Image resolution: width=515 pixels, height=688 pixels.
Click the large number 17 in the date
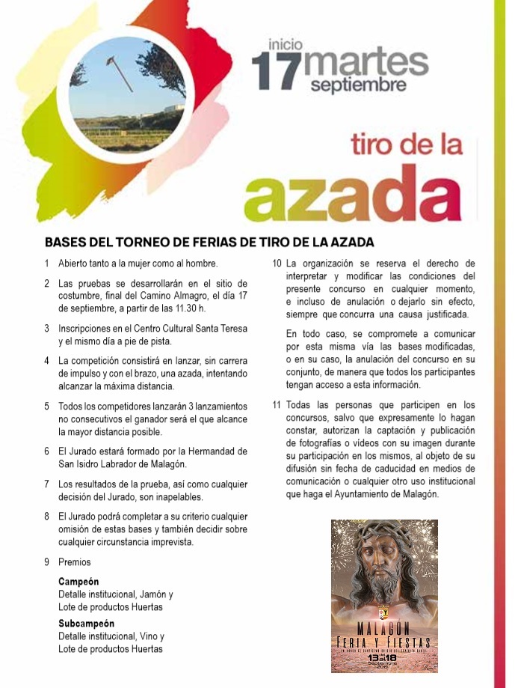coord(276,71)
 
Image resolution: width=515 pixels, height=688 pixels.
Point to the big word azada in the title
coord(360,190)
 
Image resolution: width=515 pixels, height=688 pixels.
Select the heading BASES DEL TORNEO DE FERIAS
coord(209,243)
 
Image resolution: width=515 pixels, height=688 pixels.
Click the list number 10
coord(277,264)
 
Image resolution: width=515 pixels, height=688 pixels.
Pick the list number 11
coord(277,406)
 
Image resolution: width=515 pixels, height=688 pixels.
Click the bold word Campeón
coord(78,582)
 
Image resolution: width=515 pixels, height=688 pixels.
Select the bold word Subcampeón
coord(87,624)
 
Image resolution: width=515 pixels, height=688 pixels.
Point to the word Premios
coord(74,562)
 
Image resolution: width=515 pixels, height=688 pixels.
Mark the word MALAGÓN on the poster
coord(384,628)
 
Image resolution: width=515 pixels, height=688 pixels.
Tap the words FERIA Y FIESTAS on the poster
coord(384,642)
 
